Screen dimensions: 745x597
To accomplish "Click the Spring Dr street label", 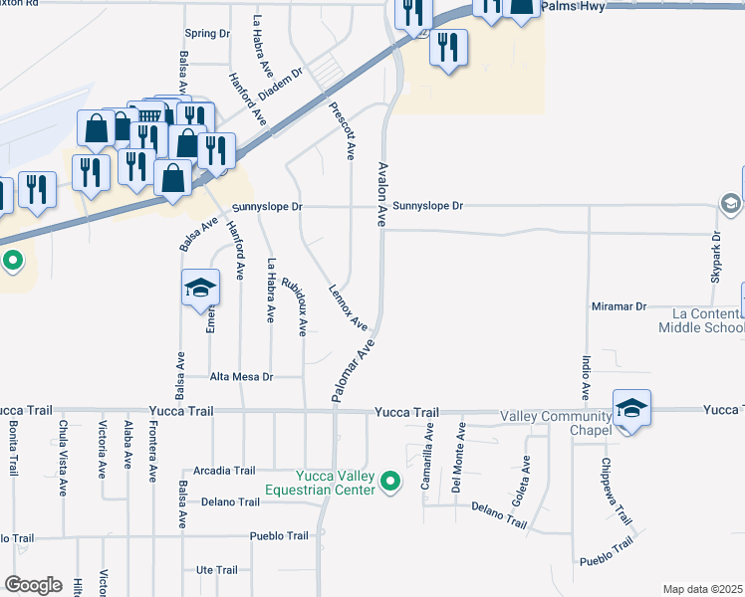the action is [207, 34].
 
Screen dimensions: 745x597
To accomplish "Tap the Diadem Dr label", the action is [280, 86].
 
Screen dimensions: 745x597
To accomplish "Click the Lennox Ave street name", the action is [349, 307].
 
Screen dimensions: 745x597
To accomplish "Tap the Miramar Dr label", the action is [620, 306].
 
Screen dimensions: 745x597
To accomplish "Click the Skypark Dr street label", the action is [715, 257].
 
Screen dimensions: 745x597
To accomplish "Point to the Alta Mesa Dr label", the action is [241, 377].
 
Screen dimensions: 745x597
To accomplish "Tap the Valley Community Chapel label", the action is [555, 423].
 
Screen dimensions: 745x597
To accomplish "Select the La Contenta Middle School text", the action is [701, 320].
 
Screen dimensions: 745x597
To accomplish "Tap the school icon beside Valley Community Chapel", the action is [631, 408].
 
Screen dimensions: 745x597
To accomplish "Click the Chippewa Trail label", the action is [617, 491].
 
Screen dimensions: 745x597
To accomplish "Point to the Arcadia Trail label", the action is [225, 471].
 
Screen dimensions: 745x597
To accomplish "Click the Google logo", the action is [34, 585].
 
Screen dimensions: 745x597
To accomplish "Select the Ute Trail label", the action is [217, 570].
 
